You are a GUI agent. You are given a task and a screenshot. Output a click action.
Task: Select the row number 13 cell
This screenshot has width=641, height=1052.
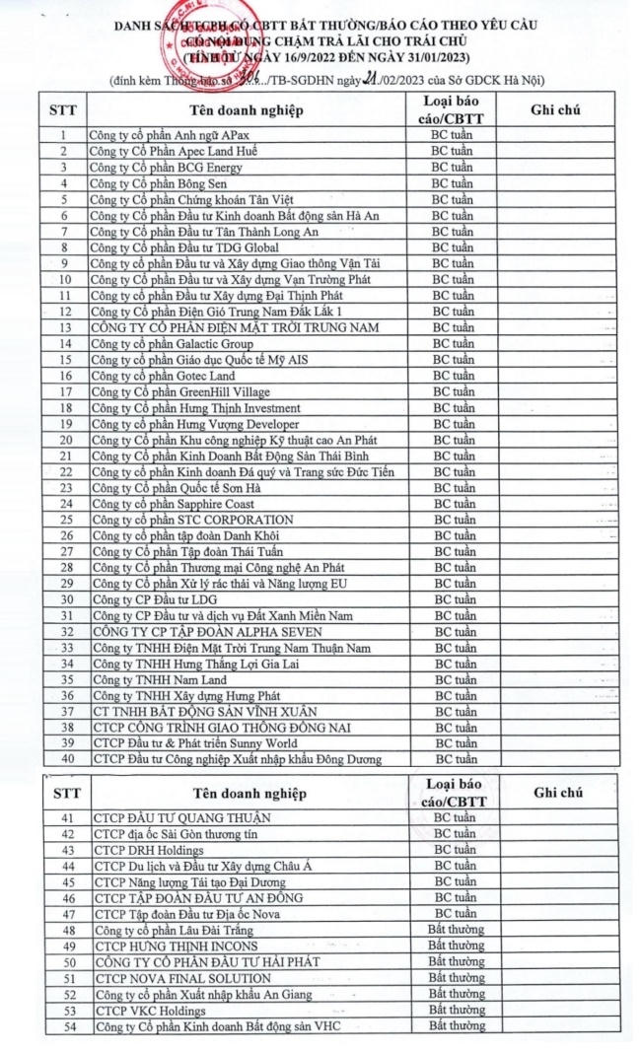click(64, 327)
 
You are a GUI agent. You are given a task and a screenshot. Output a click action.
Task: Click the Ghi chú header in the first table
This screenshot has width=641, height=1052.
click(555, 109)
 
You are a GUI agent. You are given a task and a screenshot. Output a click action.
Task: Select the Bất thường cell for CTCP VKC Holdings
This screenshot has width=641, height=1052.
click(456, 1011)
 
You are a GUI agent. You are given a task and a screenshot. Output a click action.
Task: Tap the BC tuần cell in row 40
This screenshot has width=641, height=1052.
click(456, 759)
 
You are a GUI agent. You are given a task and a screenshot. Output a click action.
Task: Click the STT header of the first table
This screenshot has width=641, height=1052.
click(64, 109)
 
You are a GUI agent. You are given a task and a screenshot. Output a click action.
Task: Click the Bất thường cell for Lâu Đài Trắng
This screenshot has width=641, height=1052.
click(456, 930)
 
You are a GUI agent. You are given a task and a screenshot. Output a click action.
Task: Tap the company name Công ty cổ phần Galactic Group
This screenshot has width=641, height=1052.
click(170, 343)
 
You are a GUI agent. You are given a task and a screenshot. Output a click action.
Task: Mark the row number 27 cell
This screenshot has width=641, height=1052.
click(64, 551)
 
